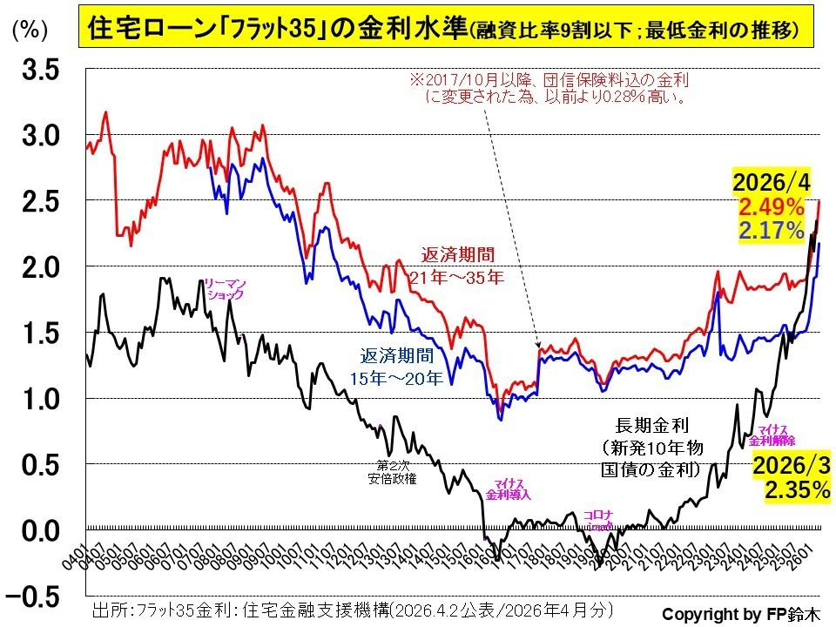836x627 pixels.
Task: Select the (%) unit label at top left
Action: coord(30,30)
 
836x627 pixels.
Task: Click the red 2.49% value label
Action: coord(772,207)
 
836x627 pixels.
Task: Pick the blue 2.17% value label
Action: coord(772,231)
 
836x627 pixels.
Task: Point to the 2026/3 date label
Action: coord(790,464)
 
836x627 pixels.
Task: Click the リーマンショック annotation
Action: coord(224,288)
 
